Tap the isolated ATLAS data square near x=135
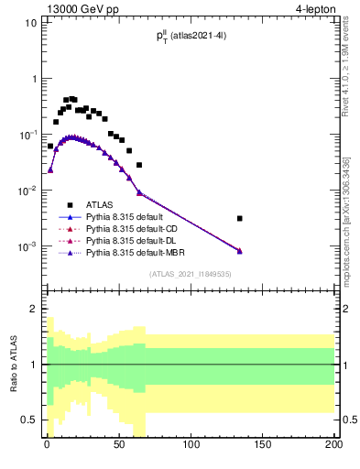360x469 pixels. [x=239, y=218]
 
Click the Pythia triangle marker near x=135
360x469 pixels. [x=239, y=250]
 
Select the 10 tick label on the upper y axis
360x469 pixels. [x=29, y=22]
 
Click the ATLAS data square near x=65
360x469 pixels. [x=139, y=165]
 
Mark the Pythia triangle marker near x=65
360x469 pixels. [x=139, y=192]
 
